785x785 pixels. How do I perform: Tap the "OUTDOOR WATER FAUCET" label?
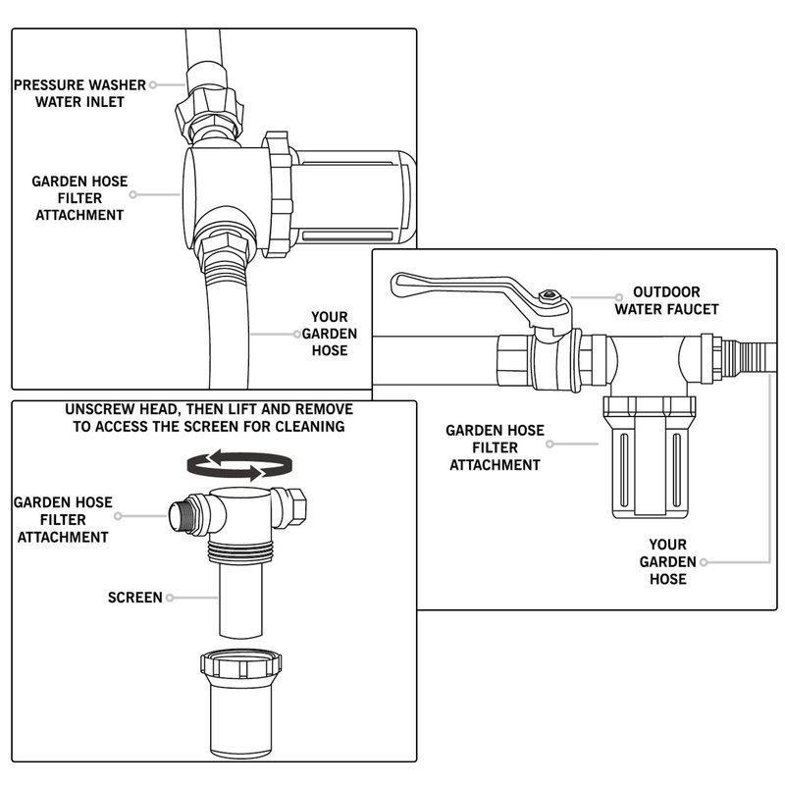pos(666,300)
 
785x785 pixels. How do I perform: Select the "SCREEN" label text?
pos(134,597)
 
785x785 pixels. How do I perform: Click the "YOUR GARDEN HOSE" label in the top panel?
pos(330,334)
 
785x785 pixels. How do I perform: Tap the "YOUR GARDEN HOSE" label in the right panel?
pos(667,561)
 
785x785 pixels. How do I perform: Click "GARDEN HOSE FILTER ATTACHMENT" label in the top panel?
pos(78,198)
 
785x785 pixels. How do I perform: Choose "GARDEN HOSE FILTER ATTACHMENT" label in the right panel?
pos(495,447)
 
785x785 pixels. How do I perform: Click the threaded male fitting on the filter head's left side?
pos(183,516)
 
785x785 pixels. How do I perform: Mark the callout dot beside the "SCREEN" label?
pos(172,597)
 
